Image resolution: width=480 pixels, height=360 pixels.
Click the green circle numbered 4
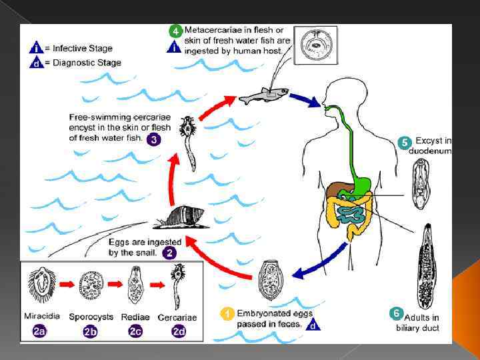(x=175, y=31)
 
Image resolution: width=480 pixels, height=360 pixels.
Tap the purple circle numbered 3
(x=154, y=140)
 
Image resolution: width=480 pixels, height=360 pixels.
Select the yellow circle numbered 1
(x=227, y=313)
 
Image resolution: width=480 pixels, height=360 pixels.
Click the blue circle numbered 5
(x=404, y=143)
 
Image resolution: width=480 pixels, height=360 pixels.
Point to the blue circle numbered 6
(x=397, y=313)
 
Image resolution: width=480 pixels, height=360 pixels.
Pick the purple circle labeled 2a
(x=39, y=330)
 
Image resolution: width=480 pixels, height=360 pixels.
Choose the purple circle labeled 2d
(x=179, y=330)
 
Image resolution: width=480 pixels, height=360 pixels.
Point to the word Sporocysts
(x=91, y=317)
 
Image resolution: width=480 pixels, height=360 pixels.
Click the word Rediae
(x=135, y=317)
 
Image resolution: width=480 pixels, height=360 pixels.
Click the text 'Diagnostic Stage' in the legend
(x=87, y=63)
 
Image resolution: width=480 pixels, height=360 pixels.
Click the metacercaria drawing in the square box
(x=313, y=46)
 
